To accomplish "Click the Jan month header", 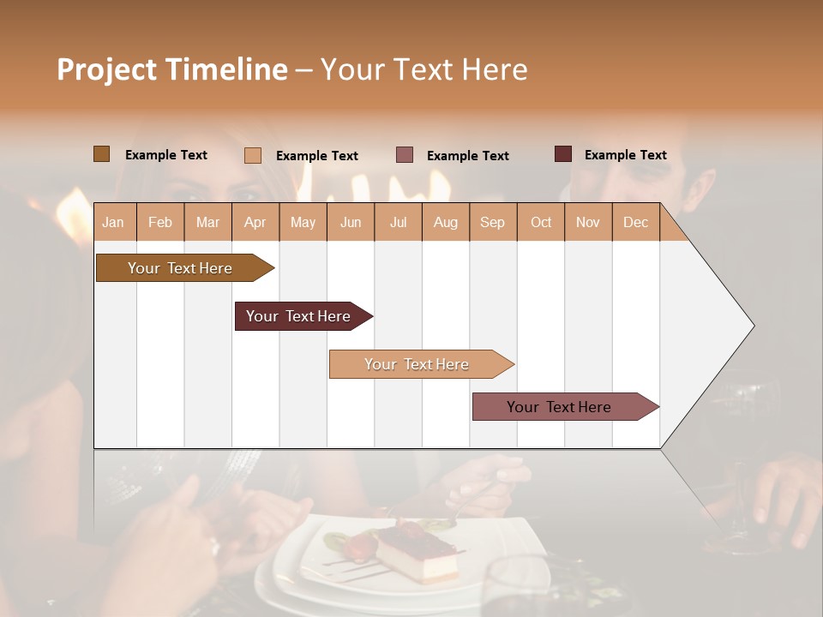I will pos(113,222).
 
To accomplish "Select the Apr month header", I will pos(255,222).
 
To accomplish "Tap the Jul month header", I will pos(399,222).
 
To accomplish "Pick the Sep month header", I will pos(492,222).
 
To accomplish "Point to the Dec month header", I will pos(635,222).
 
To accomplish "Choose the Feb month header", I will pos(160,222).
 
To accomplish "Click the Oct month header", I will pos(541,222).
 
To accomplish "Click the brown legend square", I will pos(102,154).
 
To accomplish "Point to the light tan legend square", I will pos(253,155).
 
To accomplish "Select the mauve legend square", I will pos(405,155).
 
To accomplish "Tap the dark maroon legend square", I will pos(563,154).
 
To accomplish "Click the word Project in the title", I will pos(107,69).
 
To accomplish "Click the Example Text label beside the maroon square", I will pos(625,155).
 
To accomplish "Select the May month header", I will pos(303,222).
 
